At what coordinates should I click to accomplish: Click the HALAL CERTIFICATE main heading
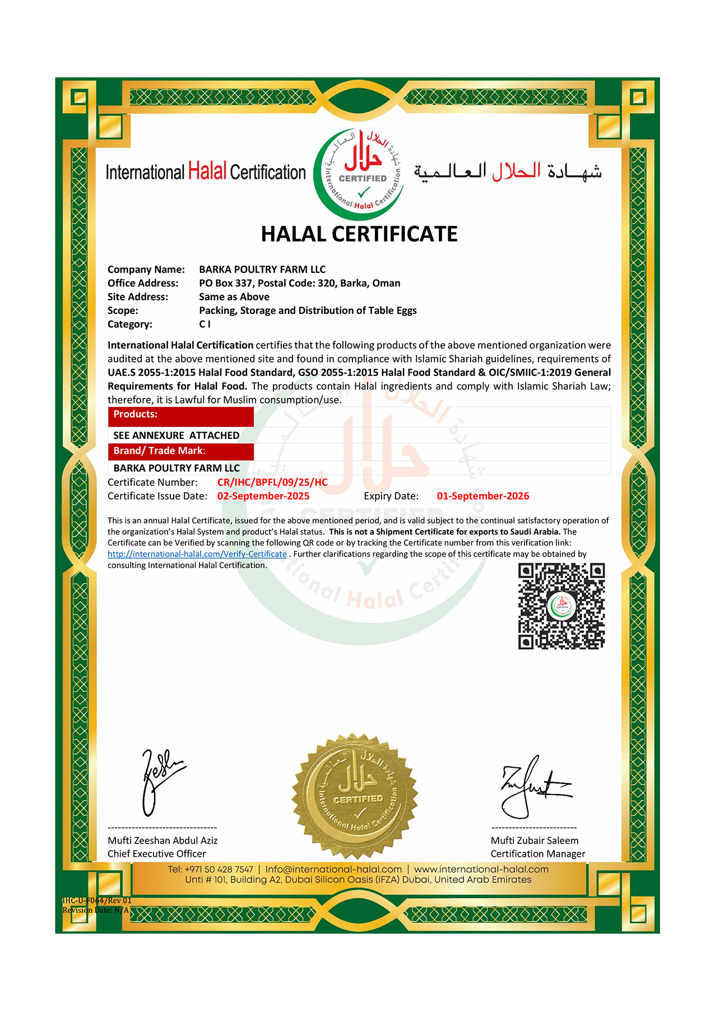(x=359, y=234)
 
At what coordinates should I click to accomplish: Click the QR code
(x=561, y=606)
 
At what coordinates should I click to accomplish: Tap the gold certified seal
(x=355, y=796)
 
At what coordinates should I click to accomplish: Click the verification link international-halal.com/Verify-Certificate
(x=197, y=554)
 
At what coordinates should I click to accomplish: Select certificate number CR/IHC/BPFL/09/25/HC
(x=272, y=483)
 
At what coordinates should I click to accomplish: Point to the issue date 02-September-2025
(x=263, y=496)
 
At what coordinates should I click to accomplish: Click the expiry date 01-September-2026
(x=483, y=496)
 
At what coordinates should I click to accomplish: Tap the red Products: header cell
(x=180, y=415)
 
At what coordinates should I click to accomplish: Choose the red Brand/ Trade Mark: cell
(x=180, y=451)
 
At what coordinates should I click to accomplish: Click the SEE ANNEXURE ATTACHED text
(x=176, y=435)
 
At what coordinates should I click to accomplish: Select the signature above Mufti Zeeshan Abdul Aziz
(x=160, y=781)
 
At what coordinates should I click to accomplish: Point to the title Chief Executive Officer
(x=157, y=854)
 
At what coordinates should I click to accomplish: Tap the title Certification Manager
(x=538, y=854)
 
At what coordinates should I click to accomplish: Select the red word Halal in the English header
(x=207, y=171)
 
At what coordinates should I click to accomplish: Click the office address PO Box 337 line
(x=300, y=283)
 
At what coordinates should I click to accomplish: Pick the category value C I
(x=205, y=324)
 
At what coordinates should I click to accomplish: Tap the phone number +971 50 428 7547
(x=219, y=869)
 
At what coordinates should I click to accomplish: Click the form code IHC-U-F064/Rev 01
(x=97, y=901)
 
